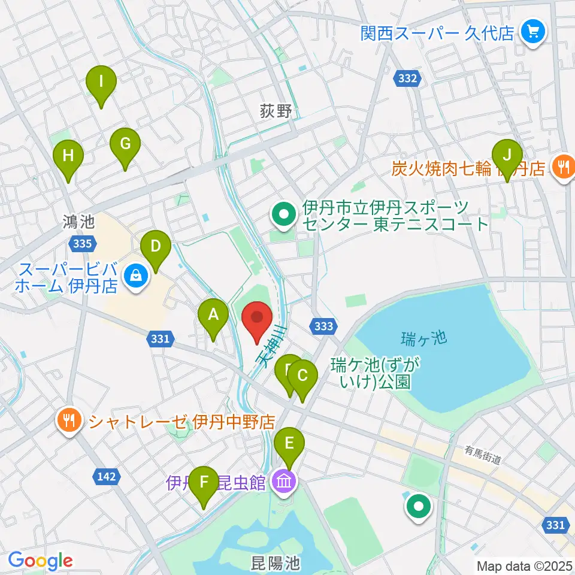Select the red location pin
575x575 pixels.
click(x=258, y=319)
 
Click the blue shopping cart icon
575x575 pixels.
click(x=532, y=31)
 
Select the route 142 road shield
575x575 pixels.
click(x=105, y=477)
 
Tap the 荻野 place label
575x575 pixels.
click(x=276, y=111)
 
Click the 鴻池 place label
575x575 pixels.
click(x=78, y=222)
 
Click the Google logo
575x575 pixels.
click(x=40, y=561)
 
